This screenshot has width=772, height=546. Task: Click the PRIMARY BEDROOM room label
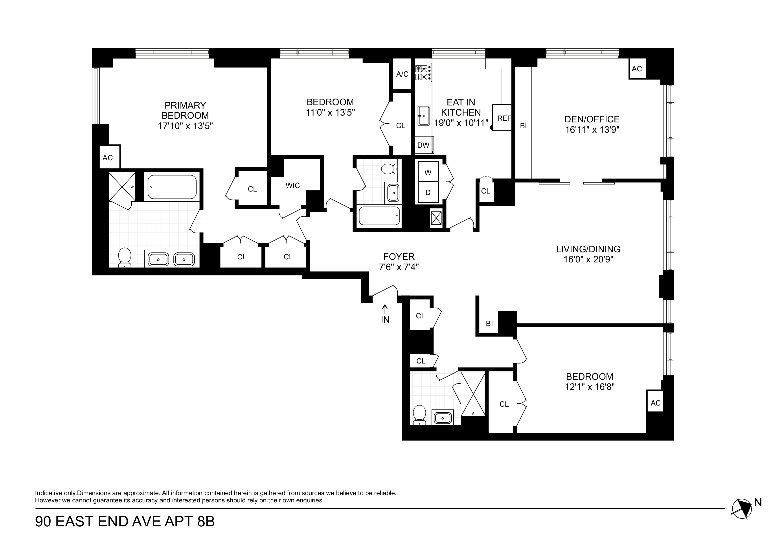pyautogui.click(x=185, y=110)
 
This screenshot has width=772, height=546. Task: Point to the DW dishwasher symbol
pyautogui.click(x=424, y=145)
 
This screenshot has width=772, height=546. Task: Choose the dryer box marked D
pyautogui.click(x=428, y=192)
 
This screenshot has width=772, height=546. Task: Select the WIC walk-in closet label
pyautogui.click(x=292, y=186)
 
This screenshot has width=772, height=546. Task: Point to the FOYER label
pyautogui.click(x=399, y=257)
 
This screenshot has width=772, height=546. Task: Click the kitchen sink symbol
pyautogui.click(x=423, y=116)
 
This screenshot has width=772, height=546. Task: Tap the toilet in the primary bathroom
pyautogui.click(x=125, y=258)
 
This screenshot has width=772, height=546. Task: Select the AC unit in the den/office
pyautogui.click(x=637, y=69)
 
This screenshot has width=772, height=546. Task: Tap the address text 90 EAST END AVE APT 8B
pyautogui.click(x=125, y=522)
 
